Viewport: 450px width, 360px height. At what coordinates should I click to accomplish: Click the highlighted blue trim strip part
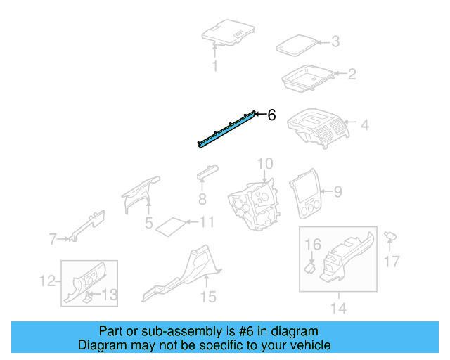(x=225, y=129)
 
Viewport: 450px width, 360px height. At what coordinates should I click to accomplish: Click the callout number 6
(x=272, y=115)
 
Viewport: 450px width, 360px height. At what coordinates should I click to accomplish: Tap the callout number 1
(x=215, y=67)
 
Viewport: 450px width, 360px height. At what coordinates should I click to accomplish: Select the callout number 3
(x=335, y=42)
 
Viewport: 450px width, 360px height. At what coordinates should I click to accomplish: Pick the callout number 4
(x=364, y=125)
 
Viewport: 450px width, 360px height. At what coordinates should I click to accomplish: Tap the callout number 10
(x=264, y=165)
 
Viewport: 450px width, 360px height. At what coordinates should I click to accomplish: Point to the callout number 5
(x=149, y=224)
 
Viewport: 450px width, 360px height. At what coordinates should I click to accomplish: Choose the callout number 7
(x=52, y=240)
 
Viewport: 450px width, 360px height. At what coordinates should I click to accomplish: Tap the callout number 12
(x=46, y=281)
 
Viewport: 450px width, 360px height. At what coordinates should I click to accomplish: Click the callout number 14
(x=338, y=307)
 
